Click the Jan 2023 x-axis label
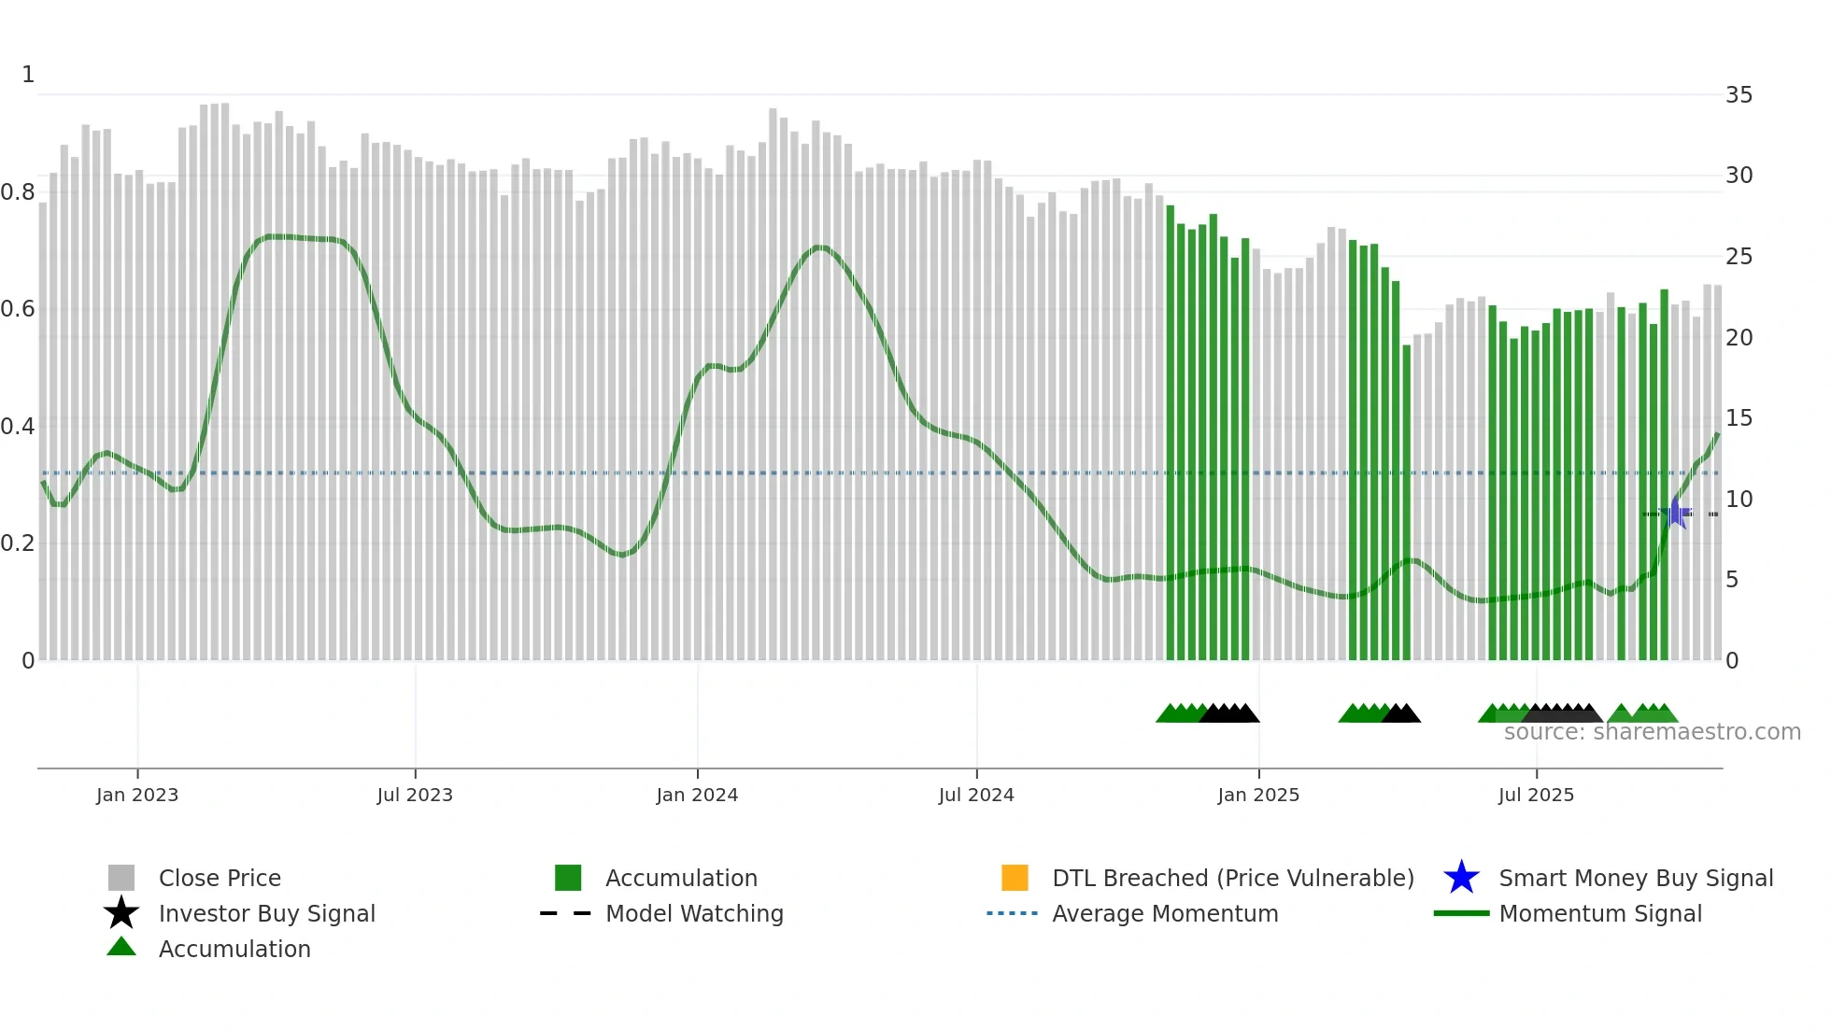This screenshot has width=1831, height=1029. tap(137, 795)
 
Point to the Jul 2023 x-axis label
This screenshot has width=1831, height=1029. tap(415, 795)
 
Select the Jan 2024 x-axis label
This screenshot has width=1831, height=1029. tap(697, 795)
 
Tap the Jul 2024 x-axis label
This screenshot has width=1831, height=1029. tap(976, 795)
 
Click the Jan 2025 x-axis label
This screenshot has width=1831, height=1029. tap(1258, 795)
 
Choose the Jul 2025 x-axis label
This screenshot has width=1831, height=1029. tap(1536, 795)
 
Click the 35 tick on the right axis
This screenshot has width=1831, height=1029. tap(1739, 95)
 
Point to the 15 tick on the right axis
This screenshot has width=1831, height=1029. tap(1739, 418)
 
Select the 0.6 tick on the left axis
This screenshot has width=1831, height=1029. tap(18, 309)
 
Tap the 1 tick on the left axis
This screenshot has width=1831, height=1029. tap(28, 75)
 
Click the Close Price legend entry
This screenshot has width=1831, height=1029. tap(220, 878)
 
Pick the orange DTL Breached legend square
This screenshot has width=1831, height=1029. tap(1015, 878)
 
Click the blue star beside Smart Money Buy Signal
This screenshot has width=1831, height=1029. tap(1461, 878)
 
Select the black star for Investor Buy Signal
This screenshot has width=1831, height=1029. tap(121, 913)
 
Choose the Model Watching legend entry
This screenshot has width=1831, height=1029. tap(694, 913)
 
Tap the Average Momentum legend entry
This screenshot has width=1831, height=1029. tap(1165, 913)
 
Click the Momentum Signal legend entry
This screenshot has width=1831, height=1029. tap(1600, 913)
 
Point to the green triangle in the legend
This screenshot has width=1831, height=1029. tap(121, 947)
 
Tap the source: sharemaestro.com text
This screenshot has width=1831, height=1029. tap(1652, 732)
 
